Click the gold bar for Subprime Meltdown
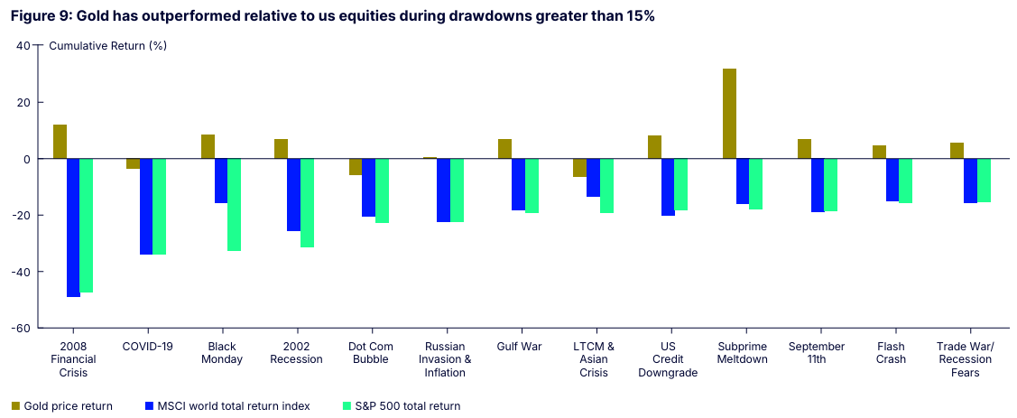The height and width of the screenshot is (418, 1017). click(729, 114)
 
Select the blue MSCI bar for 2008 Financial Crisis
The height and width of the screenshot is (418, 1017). click(73, 228)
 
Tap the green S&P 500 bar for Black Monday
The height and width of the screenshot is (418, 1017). click(234, 205)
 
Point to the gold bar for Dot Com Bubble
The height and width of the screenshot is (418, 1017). click(356, 167)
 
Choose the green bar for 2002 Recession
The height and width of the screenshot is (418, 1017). click(307, 203)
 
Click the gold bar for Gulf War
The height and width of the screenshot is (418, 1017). click(504, 149)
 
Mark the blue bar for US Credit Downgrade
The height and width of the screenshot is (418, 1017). click(668, 187)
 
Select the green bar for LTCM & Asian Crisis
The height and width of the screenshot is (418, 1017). click(606, 186)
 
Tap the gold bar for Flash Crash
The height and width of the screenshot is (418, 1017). click(879, 152)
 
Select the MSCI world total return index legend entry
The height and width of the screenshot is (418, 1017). click(227, 406)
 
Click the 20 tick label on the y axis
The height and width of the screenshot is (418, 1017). click(24, 103)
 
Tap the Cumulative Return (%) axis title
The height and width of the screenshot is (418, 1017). click(107, 45)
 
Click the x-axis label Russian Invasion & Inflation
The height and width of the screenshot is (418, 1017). click(445, 359)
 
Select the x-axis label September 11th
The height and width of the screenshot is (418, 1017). click(816, 353)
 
